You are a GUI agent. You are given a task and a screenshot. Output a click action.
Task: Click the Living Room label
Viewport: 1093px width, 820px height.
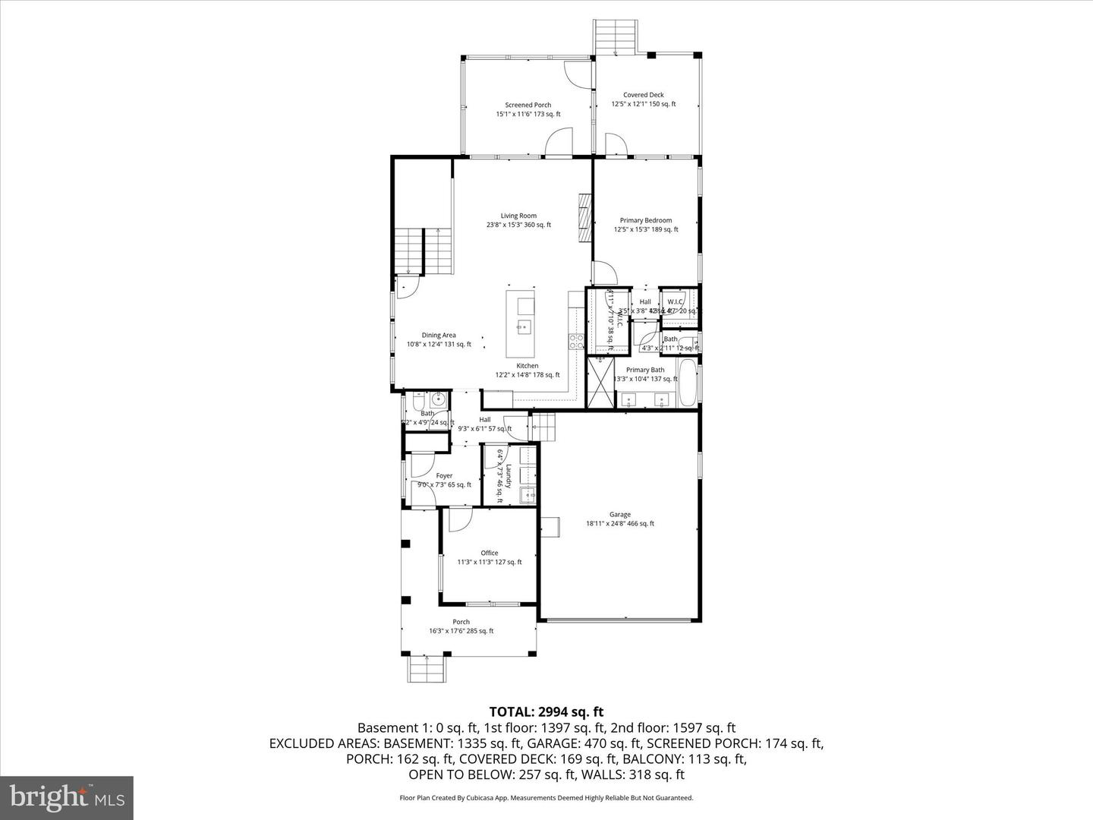pos(518,216)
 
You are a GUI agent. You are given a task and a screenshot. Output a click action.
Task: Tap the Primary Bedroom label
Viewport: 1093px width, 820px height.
pos(645,221)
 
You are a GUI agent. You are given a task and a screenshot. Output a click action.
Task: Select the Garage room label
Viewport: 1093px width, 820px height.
pos(619,515)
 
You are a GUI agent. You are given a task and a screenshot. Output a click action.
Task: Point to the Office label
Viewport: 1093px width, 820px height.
pos(490,553)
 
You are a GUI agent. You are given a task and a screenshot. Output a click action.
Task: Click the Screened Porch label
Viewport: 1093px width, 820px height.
pos(528,106)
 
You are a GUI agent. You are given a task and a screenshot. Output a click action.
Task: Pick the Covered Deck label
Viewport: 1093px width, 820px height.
pos(644,96)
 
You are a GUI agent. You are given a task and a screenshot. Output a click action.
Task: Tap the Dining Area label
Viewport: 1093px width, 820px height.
pos(439,336)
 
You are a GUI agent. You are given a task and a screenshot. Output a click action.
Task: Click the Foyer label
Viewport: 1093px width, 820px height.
pos(444,476)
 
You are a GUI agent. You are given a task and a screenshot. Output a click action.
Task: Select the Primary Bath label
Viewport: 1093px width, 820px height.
pos(645,371)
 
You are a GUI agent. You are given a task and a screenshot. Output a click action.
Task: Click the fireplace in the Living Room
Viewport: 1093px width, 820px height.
pos(584,218)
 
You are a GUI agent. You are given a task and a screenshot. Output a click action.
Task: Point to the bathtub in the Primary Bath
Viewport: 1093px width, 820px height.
pos(688,384)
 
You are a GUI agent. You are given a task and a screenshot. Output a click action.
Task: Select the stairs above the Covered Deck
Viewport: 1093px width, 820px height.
pos(616,36)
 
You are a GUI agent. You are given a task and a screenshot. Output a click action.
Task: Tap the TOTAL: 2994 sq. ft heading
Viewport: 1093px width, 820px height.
pos(546,712)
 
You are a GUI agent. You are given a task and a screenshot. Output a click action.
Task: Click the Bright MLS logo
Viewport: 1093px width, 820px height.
pos(67,797)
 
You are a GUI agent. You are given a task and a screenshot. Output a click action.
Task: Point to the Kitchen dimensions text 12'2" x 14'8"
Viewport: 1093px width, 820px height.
pos(527,375)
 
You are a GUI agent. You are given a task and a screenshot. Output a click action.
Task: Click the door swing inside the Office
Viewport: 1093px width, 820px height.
pos(458,519)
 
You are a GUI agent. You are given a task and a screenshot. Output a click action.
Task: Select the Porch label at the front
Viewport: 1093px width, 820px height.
pos(461,622)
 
